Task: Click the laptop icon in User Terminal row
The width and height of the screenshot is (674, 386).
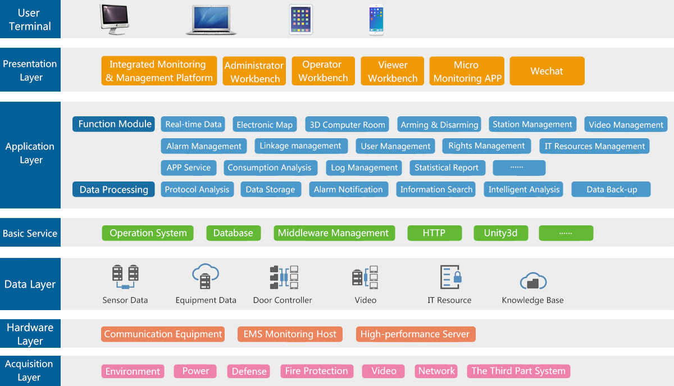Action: coord(211,21)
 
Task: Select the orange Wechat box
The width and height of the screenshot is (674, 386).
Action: coord(547,71)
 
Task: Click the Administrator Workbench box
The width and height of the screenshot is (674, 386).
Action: coord(254,72)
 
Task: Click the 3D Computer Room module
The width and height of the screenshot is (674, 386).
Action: coord(348,125)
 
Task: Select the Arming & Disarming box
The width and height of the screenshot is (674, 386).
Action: coord(439,125)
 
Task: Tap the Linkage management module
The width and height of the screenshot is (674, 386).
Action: coord(300,146)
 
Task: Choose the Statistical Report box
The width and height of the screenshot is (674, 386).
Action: coord(447,167)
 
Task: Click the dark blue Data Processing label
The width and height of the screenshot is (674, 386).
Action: coord(113,189)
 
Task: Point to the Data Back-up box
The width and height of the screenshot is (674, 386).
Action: coord(611,189)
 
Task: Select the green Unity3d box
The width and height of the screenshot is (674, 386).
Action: coord(500,233)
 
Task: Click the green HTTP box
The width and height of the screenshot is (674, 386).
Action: coord(434,233)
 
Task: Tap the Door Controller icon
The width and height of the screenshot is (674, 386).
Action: coord(283,277)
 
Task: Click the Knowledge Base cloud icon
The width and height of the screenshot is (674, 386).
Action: coord(532,280)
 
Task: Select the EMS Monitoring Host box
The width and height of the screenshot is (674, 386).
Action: coord(290,334)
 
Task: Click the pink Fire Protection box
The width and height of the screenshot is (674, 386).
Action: coord(316,371)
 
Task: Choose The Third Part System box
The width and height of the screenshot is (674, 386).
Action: coord(518,371)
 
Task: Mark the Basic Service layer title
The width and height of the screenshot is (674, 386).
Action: coord(30,233)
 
